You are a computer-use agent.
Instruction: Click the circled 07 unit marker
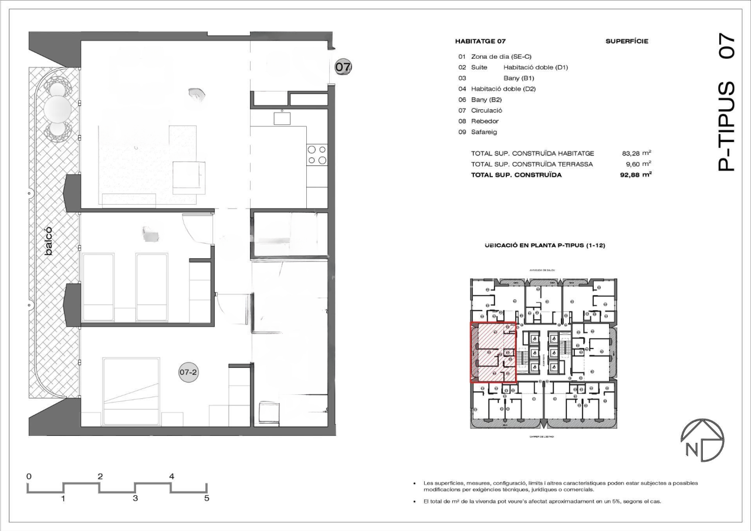(x=343, y=67)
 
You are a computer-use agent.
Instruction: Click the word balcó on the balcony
(x=49, y=241)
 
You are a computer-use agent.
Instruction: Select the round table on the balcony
(x=57, y=108)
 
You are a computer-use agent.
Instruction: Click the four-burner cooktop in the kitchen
(x=317, y=154)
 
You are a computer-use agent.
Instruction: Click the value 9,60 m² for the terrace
(x=638, y=164)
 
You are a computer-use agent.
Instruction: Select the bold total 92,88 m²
(x=637, y=175)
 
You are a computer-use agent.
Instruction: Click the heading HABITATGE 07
(x=480, y=42)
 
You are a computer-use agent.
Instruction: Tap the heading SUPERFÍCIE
(x=626, y=42)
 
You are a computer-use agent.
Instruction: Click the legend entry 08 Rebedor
(x=479, y=121)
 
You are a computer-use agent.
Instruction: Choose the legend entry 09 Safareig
(x=478, y=132)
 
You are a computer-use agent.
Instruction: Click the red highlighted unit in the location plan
(x=493, y=353)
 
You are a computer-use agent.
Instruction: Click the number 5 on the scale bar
(x=206, y=499)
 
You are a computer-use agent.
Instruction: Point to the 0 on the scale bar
(x=29, y=476)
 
